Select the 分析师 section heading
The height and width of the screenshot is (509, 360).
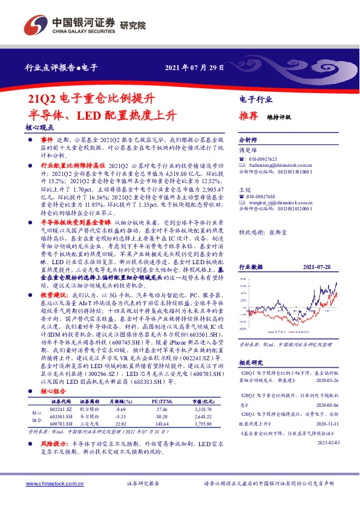pos(249,138)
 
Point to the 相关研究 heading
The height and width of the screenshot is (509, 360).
pos(249,362)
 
